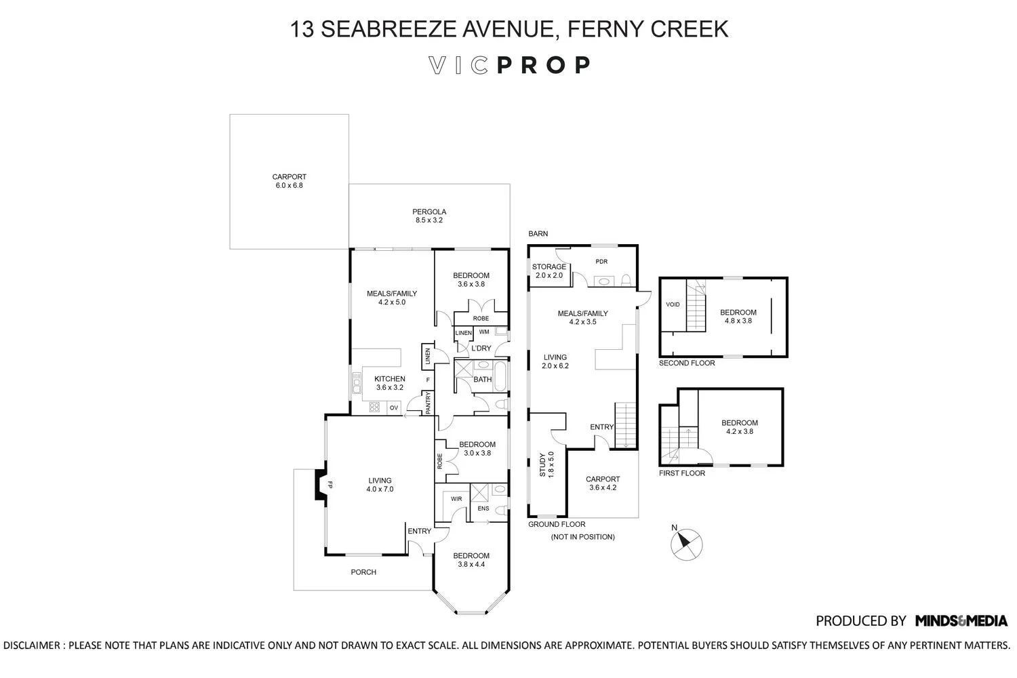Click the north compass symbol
coord(686,544)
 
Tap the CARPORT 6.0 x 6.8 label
coord(289,181)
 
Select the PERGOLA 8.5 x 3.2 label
coord(429,216)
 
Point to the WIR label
coord(456,499)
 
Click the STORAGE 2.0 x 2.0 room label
coord(549,271)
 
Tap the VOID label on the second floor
coord(673,304)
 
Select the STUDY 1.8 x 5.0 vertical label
coord(546,465)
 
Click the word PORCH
coord(363,572)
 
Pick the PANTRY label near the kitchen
coord(428,403)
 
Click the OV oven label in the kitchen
coord(393,407)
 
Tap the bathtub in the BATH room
coord(501,376)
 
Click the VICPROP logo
coord(509,65)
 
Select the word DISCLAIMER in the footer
coord(31,645)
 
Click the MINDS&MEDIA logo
coord(961,620)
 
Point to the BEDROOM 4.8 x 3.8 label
coord(738,317)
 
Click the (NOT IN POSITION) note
coord(582,537)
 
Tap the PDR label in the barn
coord(601,262)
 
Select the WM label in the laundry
coord(484,332)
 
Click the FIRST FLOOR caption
coord(682,473)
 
